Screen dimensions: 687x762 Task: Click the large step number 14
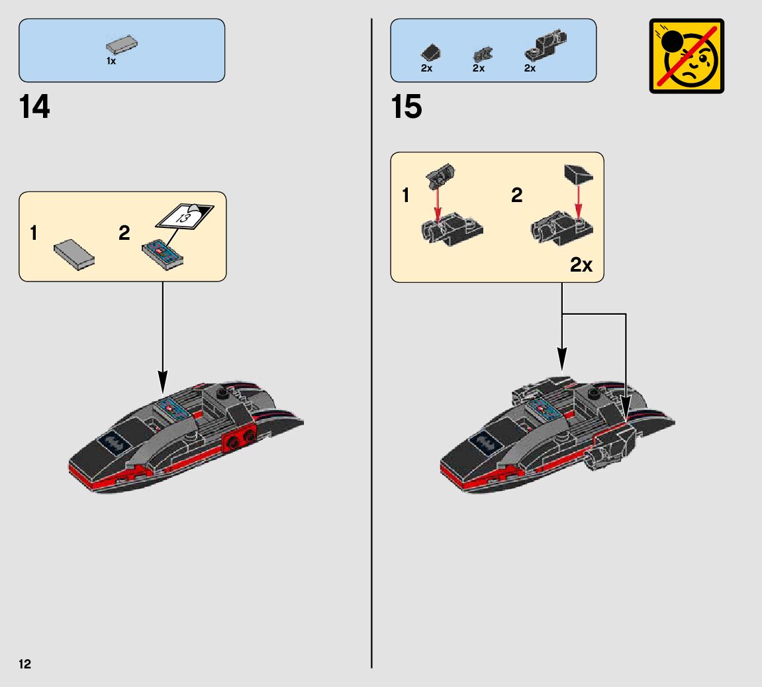(x=34, y=107)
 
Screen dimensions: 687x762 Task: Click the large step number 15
(x=406, y=107)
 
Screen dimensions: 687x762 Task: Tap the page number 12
(x=24, y=664)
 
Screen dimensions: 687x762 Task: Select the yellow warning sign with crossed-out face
(x=687, y=56)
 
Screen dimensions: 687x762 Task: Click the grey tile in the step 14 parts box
(x=122, y=46)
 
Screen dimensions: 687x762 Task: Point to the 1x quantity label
(x=111, y=61)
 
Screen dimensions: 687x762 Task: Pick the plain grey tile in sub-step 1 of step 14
(x=73, y=255)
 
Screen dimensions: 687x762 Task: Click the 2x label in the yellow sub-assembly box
(x=581, y=265)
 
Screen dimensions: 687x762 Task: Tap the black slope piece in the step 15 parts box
(x=430, y=53)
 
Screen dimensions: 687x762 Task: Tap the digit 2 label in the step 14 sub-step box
(x=124, y=233)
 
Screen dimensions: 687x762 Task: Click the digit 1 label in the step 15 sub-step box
(x=406, y=195)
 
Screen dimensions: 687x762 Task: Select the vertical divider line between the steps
(x=372, y=397)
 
